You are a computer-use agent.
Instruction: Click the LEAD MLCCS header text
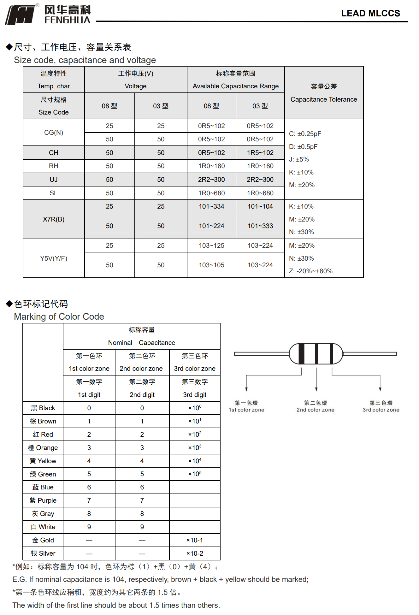pyautogui.click(x=370, y=13)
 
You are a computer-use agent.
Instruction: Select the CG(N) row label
pyautogui.click(x=54, y=133)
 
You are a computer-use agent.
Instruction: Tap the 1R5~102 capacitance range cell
pyautogui.click(x=260, y=153)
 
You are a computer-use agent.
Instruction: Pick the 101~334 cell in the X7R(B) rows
pyautogui.click(x=211, y=206)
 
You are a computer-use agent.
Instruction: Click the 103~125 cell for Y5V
pyautogui.click(x=211, y=245)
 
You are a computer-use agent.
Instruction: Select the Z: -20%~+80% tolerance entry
pyautogui.click(x=311, y=271)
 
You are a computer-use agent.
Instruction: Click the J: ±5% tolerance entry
pyautogui.click(x=299, y=159)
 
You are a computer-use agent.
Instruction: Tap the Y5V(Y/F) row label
pyautogui.click(x=54, y=258)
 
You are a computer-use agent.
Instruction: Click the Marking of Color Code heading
pyautogui.click(x=59, y=316)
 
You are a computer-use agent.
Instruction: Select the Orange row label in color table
pyautogui.click(x=43, y=448)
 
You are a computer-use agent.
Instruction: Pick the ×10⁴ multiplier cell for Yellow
pyautogui.click(x=195, y=461)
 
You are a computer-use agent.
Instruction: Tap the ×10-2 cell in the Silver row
pyautogui.click(x=195, y=553)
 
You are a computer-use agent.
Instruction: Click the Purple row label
pyautogui.click(x=43, y=500)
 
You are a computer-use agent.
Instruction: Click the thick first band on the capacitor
pyautogui.click(x=301, y=354)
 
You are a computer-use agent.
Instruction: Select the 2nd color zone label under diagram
pyautogui.click(x=316, y=407)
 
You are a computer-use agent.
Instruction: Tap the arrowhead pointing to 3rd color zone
pyautogui.click(x=380, y=389)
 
